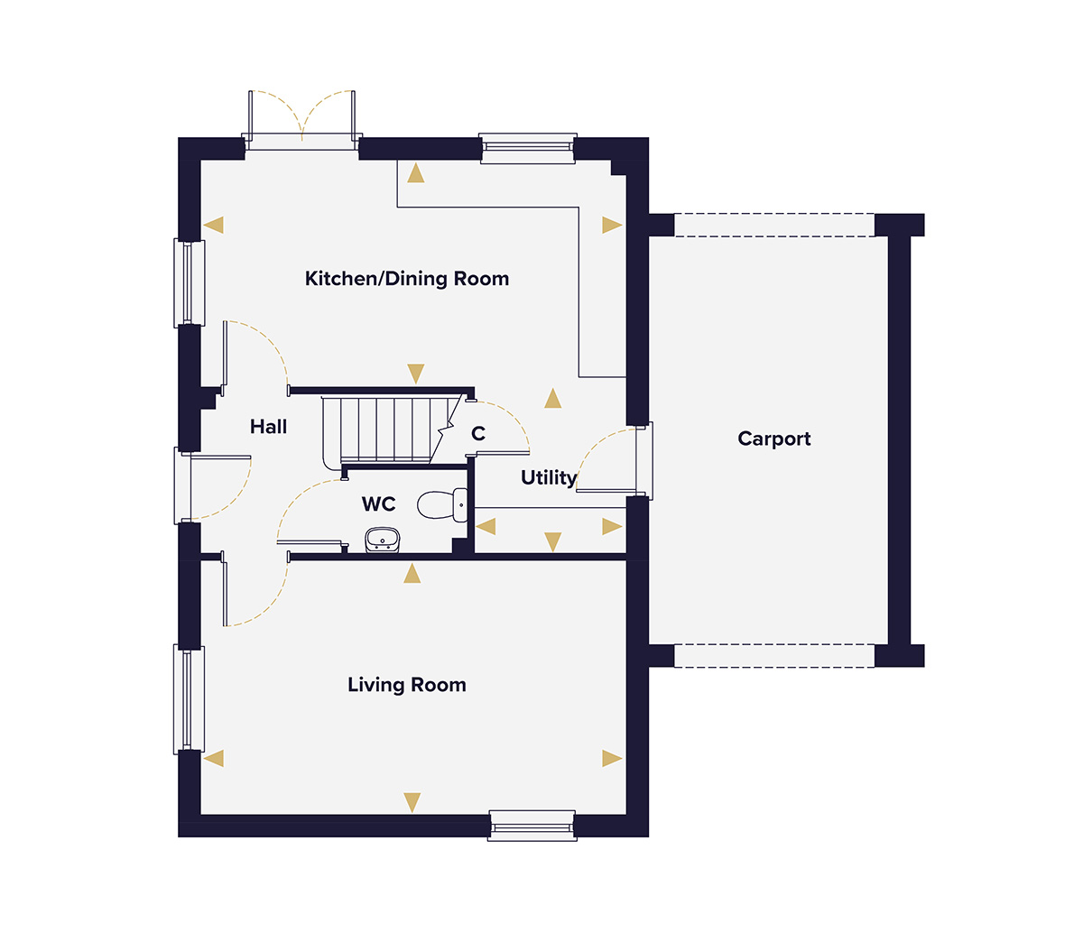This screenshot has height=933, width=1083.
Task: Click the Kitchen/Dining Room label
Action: point(407,279)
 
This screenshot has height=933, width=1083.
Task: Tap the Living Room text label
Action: point(407,685)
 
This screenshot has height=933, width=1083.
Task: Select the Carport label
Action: point(773,439)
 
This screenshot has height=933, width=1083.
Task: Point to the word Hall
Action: point(268,427)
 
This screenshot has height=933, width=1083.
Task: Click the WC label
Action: point(379,503)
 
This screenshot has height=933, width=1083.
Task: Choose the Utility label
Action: point(549,478)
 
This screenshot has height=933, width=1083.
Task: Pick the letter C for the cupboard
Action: point(478,434)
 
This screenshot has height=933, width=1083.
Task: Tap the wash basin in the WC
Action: point(382,540)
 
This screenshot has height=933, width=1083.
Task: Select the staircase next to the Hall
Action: point(388,430)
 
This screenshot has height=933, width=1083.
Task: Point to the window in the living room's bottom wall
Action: point(532,826)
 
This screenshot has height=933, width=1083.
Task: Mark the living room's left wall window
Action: point(189,699)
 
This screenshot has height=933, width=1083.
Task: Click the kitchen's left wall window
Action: point(189,282)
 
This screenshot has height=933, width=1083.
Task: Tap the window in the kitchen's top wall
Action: point(528,148)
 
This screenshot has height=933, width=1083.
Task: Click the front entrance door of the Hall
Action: point(186,485)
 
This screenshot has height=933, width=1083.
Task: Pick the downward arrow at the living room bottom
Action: point(412,802)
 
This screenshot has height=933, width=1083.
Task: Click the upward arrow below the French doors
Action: point(415,173)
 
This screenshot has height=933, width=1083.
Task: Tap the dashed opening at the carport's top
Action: point(773,225)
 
